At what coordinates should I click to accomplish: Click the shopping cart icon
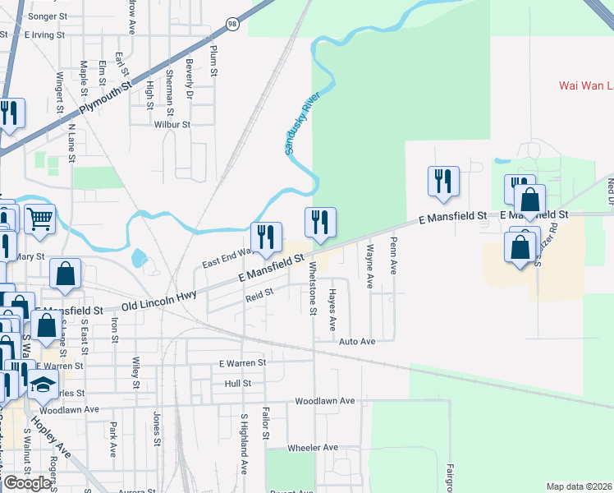coord(39,219)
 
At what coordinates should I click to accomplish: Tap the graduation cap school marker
coord(42,385)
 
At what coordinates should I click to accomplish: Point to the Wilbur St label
coord(172,125)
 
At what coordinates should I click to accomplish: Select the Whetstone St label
coord(312,288)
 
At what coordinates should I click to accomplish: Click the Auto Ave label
coord(357,341)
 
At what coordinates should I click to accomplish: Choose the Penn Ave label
coord(393,256)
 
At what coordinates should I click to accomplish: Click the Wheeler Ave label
coord(313,448)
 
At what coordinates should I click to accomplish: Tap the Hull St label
coord(237,383)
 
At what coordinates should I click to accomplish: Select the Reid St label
coord(259,295)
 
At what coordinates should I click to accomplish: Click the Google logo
coord(26,483)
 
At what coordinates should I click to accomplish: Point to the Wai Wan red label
coord(585,85)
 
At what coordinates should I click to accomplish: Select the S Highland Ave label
coord(244,445)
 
